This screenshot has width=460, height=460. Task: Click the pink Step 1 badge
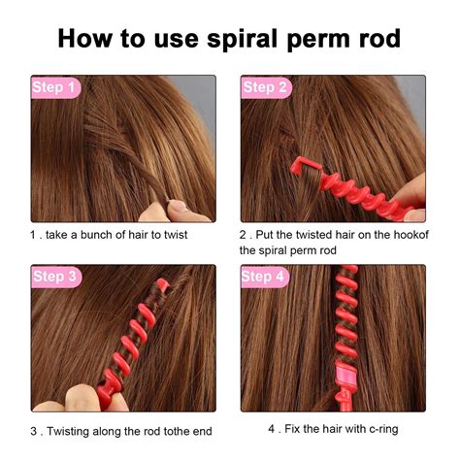point(54,87)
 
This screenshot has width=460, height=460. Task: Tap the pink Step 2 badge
point(265,87)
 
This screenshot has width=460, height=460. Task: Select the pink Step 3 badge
point(54,277)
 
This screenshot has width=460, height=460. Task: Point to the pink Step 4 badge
point(265,277)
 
